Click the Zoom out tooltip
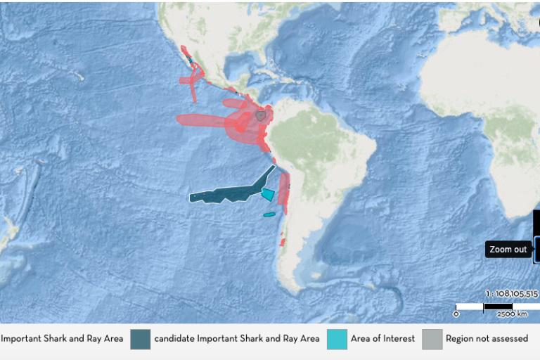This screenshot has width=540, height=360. [508, 250]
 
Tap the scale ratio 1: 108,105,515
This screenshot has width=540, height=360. [511, 294]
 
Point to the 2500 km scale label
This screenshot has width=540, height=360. [513, 314]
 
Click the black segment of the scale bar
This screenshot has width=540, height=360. [497, 307]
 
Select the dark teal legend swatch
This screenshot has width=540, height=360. [140, 339]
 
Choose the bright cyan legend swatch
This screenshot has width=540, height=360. [336, 339]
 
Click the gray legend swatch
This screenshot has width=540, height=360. [432, 339]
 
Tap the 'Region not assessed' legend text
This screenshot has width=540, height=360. [487, 339]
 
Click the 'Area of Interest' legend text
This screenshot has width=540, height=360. [382, 339]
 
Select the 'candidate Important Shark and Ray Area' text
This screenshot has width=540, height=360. [237, 339]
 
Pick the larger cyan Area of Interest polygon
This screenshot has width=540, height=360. [268, 193]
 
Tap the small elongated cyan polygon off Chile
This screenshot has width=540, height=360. [269, 214]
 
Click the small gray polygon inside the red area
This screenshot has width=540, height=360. [261, 115]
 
